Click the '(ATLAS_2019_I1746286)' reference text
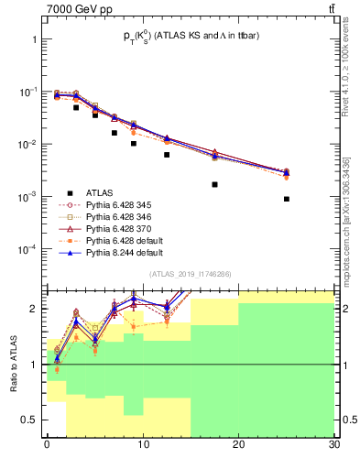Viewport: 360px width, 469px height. click(x=190, y=273)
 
